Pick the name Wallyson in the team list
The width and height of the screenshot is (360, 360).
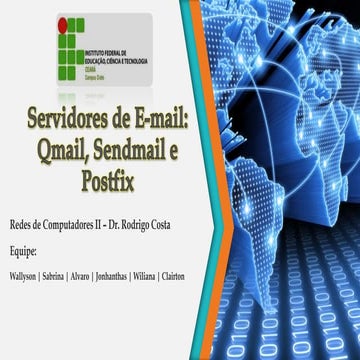[22, 275]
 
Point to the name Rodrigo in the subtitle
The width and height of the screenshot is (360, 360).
[149, 226]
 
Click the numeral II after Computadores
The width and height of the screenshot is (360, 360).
[103, 226]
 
